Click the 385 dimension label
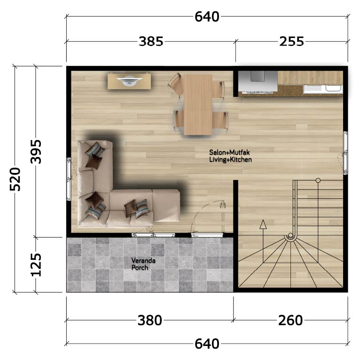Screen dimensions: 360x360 (x=151, y=41)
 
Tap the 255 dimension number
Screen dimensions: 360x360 (x=291, y=41)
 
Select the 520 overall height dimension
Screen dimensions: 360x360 (x=15, y=179)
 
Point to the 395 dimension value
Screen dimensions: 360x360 (x=36, y=151)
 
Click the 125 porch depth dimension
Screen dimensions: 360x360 (x=36, y=265)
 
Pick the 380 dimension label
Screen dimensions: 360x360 (x=150, y=320)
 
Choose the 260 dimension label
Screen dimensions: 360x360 (x=290, y=320)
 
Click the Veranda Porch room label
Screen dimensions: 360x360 (x=140, y=264)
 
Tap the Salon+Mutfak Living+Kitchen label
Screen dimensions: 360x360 (x=230, y=156)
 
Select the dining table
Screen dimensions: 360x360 (x=198, y=104)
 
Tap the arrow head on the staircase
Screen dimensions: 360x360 (x=263, y=224)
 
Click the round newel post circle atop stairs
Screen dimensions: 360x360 (x=318, y=180)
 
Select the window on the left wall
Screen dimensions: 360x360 (x=69, y=179)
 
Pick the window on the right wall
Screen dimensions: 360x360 (x=345, y=153)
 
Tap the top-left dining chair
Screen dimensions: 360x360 (x=176, y=84)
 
